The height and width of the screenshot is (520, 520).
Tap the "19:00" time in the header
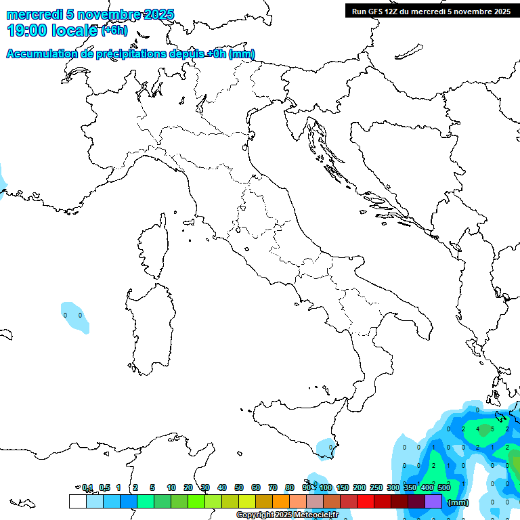coord(28,30)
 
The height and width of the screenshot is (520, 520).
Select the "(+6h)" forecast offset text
coord(114,30)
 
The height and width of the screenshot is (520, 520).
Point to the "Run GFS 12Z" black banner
coord(429,11)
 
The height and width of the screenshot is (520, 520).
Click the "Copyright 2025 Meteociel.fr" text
coord(287,515)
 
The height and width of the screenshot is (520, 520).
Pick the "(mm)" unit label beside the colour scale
coord(458,502)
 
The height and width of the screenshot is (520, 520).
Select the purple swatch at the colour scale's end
coord(433,502)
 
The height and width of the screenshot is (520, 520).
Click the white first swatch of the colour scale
coord(77,502)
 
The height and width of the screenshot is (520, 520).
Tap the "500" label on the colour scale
coord(444,487)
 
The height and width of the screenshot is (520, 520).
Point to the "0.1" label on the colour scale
coord(87,487)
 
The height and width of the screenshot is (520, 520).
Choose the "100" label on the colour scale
coord(326,487)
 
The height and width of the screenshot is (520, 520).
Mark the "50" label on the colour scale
coord(239,487)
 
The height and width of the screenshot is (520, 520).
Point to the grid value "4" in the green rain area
coord(478,429)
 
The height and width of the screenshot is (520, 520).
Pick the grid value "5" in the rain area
coord(493,429)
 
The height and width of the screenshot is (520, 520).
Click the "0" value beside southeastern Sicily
coord(330,448)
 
